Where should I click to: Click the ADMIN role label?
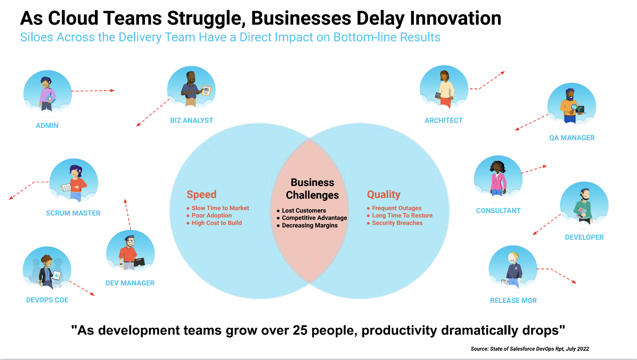[x=47, y=125]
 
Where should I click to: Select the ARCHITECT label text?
[x=443, y=120]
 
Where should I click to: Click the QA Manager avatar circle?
[x=571, y=106]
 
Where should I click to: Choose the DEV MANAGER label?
[x=130, y=283]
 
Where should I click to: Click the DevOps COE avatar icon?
[x=47, y=270]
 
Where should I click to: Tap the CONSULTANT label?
[x=498, y=210]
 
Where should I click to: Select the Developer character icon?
[x=584, y=206]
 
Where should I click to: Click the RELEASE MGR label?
[x=513, y=300]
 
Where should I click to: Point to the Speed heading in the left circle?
[x=202, y=194]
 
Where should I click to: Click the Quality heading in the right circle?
[x=383, y=194]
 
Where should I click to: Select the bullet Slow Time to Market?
[x=220, y=208]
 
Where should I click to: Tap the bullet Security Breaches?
[x=397, y=223]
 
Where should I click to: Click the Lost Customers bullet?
[x=304, y=210]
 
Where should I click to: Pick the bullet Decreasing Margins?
[x=310, y=225]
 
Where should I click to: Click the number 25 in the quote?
[x=300, y=330]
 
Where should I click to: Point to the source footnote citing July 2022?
[x=529, y=349]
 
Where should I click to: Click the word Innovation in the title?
[x=455, y=18]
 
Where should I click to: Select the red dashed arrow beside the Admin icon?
[x=93, y=91]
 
